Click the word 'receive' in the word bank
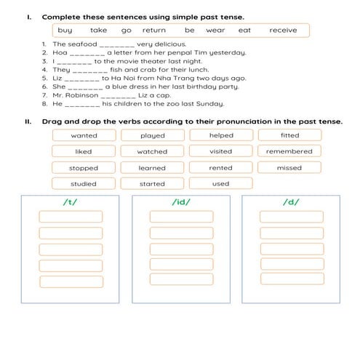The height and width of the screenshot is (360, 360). (x=283, y=31)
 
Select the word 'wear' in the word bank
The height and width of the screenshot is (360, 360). (x=215, y=31)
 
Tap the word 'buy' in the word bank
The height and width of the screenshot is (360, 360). (x=65, y=31)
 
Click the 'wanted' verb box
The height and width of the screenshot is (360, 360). (x=84, y=135)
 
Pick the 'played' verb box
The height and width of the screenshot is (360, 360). (x=152, y=135)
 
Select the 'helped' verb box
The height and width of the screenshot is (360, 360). (x=220, y=135)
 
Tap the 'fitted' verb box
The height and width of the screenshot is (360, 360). (x=289, y=135)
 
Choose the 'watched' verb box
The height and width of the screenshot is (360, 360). (x=152, y=152)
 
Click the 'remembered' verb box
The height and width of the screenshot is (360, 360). (x=289, y=152)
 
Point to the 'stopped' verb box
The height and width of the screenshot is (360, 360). (x=84, y=168)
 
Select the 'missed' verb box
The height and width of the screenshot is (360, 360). (x=289, y=168)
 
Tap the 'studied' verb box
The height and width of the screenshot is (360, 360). (x=84, y=184)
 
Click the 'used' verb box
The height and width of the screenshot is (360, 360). (x=220, y=184)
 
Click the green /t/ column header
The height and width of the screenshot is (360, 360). (x=71, y=201)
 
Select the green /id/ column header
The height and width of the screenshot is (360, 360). (x=181, y=201)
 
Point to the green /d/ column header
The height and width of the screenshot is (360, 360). (x=292, y=201)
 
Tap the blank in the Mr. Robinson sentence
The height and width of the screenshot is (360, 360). (x=118, y=95)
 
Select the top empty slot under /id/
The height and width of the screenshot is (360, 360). (x=181, y=217)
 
